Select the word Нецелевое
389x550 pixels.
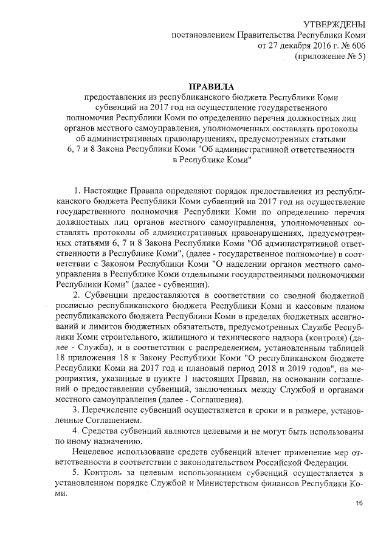[x=93, y=452]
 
